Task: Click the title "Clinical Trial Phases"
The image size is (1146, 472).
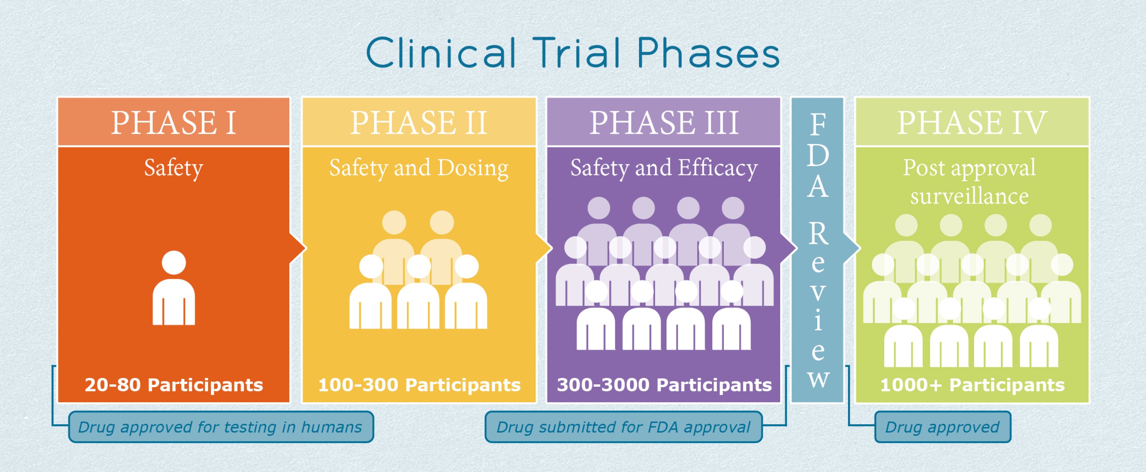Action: (573, 53)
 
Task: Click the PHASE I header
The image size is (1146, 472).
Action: (173, 122)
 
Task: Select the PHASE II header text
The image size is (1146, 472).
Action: (419, 122)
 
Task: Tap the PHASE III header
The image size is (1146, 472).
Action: (664, 122)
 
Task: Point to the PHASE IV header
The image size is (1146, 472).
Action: (972, 122)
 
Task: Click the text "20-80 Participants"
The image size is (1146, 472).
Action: (173, 385)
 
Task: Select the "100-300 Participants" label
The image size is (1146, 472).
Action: (419, 385)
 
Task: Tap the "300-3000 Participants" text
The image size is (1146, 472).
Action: (664, 385)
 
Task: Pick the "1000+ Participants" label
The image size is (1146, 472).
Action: (972, 385)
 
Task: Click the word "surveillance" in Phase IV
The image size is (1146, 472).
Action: (969, 196)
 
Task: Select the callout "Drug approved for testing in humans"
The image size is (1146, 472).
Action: (221, 427)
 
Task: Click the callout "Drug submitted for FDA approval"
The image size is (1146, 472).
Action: (623, 427)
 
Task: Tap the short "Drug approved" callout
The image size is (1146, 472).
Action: (942, 427)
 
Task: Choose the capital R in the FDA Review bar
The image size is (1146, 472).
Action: (818, 234)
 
